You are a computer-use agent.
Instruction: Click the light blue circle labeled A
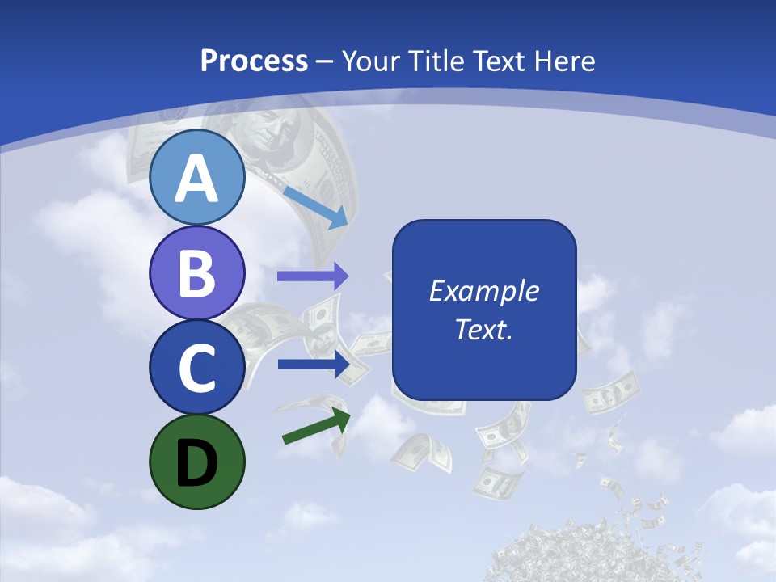[x=196, y=177]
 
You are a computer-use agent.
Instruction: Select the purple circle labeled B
[x=196, y=272]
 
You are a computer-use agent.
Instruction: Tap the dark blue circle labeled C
[x=196, y=367]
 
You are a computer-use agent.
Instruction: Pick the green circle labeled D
[x=196, y=462]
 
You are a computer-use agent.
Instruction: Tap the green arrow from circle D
[x=316, y=426]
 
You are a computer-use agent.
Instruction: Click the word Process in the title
[x=254, y=61]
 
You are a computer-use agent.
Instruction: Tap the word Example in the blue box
[x=483, y=291]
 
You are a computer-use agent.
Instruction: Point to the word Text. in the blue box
[x=483, y=329]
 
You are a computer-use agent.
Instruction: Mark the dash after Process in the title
[x=325, y=61]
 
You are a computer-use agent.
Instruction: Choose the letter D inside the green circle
[x=196, y=462]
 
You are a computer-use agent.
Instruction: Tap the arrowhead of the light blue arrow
[x=339, y=217]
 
